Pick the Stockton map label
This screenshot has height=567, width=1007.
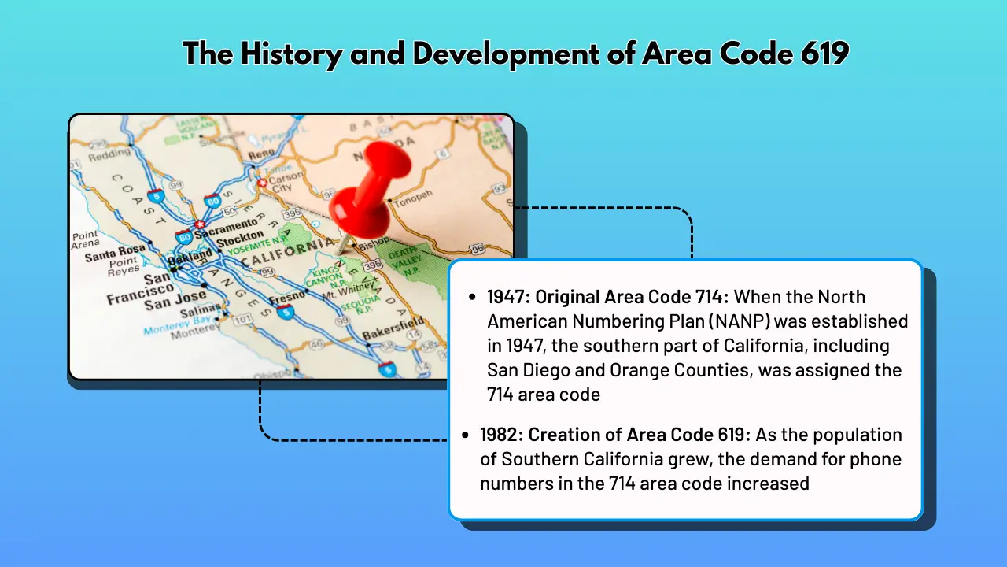point(240,239)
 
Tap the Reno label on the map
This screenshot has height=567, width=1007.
point(262,154)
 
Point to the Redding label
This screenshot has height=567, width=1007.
point(109,156)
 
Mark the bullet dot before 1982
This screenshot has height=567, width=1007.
point(470,435)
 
